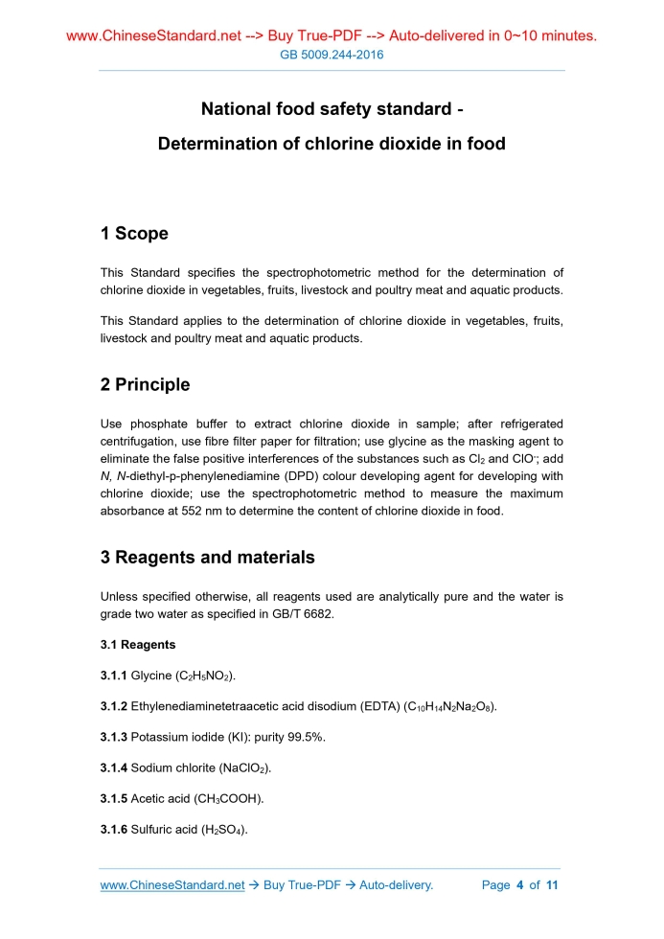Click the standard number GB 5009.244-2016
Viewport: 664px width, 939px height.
click(332, 55)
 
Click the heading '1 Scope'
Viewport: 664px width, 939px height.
click(134, 233)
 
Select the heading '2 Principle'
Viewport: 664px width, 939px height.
click(145, 384)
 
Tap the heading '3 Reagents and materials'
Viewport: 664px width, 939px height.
click(207, 557)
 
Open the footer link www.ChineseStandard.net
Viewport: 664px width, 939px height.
click(172, 884)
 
